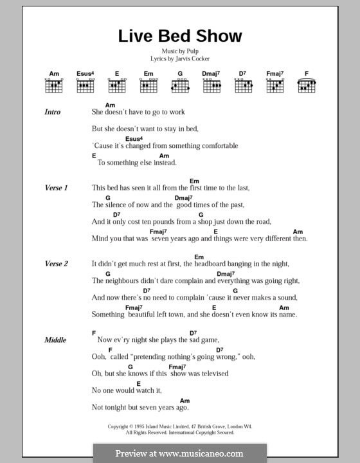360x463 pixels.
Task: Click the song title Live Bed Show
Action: click(x=179, y=36)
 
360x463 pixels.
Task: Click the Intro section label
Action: click(x=53, y=112)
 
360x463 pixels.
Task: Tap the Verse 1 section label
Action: click(x=56, y=188)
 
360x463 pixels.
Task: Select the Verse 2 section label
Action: click(x=56, y=264)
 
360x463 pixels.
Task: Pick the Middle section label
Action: click(x=55, y=340)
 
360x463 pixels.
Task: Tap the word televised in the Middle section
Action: click(x=211, y=373)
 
